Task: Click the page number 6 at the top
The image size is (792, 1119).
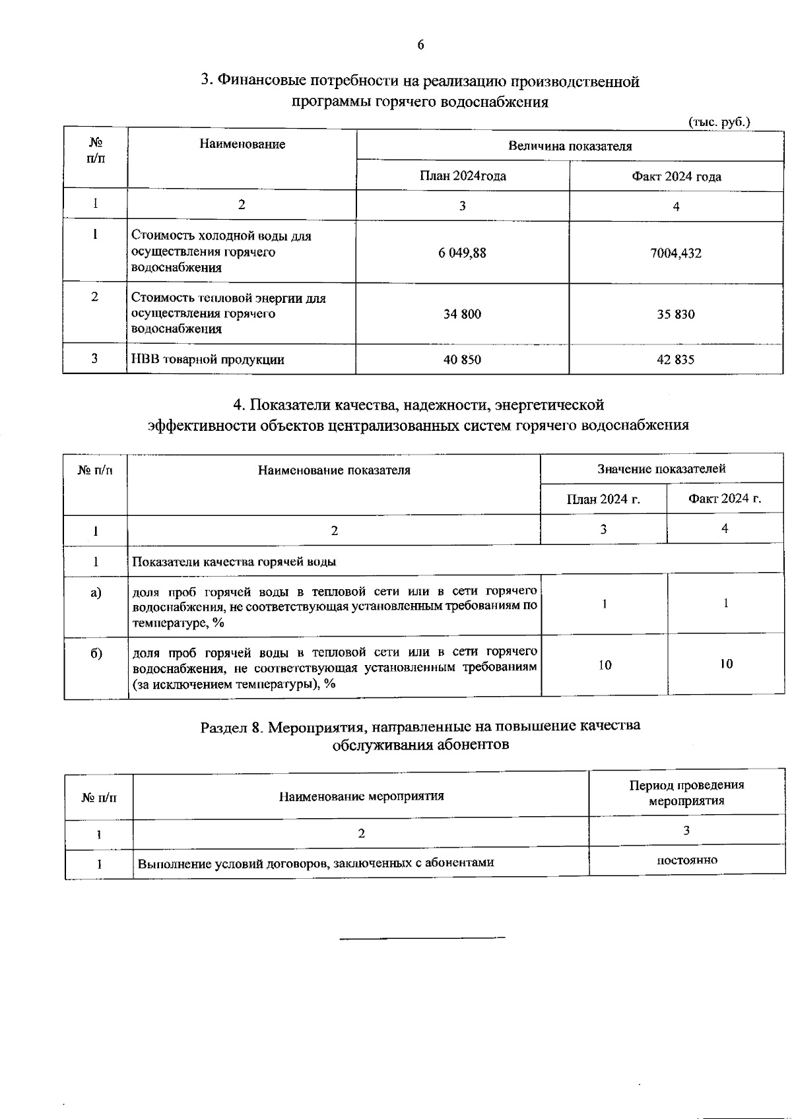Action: pyautogui.click(x=420, y=45)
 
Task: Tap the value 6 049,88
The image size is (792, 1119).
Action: pyautogui.click(x=462, y=253)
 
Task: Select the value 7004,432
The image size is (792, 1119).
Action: pyautogui.click(x=676, y=253)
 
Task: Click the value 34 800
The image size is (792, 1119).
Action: pyautogui.click(x=462, y=314)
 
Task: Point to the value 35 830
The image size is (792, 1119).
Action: pyautogui.click(x=676, y=314)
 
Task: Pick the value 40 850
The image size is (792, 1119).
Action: pyautogui.click(x=462, y=360)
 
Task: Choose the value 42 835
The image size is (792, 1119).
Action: pyautogui.click(x=676, y=360)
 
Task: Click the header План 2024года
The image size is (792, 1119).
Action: pyautogui.click(x=463, y=176)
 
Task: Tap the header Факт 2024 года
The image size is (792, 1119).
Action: pyautogui.click(x=676, y=176)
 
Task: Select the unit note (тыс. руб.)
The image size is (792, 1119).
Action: pyautogui.click(x=719, y=122)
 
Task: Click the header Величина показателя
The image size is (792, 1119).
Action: pyautogui.click(x=570, y=146)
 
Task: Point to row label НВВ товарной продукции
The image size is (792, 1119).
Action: pyautogui.click(x=208, y=360)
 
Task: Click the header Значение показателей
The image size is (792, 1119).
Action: pyautogui.click(x=661, y=468)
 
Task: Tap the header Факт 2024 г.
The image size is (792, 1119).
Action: pyautogui.click(x=725, y=499)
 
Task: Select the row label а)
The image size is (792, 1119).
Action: pyautogui.click(x=96, y=592)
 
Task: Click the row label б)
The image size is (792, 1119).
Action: pyautogui.click(x=96, y=653)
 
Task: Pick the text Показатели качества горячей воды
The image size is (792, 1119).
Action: pyautogui.click(x=234, y=562)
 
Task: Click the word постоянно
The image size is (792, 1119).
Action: pyautogui.click(x=686, y=860)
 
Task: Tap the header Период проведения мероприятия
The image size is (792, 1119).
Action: pyautogui.click(x=686, y=793)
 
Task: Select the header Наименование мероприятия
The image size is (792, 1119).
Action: pyautogui.click(x=361, y=796)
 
